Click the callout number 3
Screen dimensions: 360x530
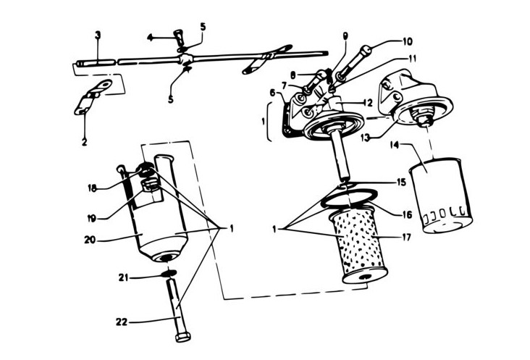[x=98, y=35]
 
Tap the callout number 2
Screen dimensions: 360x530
[x=85, y=142]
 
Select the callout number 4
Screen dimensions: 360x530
[x=150, y=36]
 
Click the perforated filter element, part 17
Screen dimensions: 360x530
[x=359, y=246]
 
